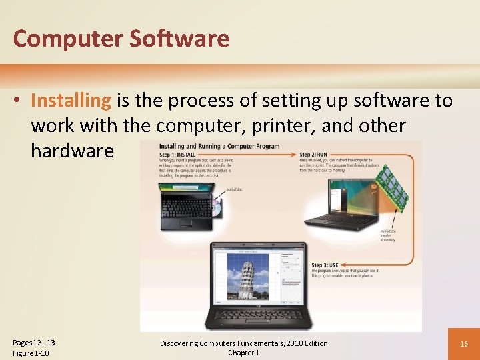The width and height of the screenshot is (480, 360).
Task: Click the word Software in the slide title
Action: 179,39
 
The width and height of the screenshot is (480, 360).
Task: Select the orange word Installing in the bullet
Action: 71,101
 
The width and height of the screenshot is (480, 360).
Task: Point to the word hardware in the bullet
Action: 72,151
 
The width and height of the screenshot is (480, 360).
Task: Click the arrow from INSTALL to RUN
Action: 253,155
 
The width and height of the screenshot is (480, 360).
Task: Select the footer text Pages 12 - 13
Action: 34,343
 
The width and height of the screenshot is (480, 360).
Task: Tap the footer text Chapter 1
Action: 243,353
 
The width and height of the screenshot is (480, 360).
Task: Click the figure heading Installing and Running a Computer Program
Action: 219,147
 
